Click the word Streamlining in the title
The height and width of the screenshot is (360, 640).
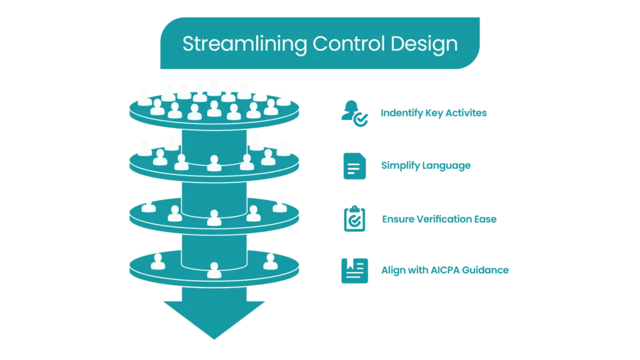point(244,44)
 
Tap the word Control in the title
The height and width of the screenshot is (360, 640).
point(349,43)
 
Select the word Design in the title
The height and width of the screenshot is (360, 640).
point(424,44)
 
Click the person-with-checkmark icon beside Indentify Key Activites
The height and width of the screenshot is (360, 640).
point(355,114)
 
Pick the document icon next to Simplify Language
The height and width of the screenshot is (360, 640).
point(355,166)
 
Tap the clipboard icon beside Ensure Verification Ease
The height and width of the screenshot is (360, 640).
point(355,219)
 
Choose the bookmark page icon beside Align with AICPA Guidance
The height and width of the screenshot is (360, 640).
point(355,271)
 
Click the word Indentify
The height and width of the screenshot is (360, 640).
point(402,113)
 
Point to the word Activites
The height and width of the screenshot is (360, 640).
point(466,112)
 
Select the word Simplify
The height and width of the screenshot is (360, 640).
point(400,166)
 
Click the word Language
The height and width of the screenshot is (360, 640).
point(446,166)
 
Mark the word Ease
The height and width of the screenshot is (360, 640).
point(485,219)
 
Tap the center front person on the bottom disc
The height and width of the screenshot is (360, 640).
point(214,270)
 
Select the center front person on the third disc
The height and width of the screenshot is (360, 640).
point(214,218)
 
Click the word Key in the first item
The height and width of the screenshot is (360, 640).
point(434,113)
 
